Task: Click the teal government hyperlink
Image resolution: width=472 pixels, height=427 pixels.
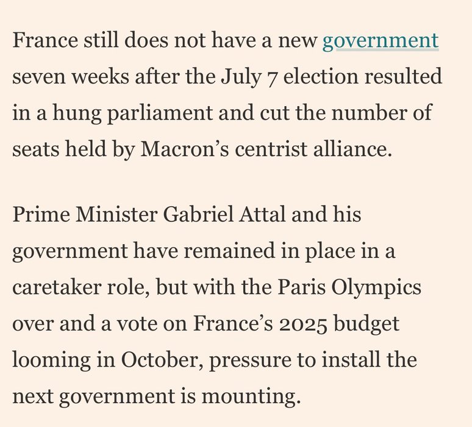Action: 380,41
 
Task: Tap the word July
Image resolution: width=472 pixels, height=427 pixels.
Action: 237,77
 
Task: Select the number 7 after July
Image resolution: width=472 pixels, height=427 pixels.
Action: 270,79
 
